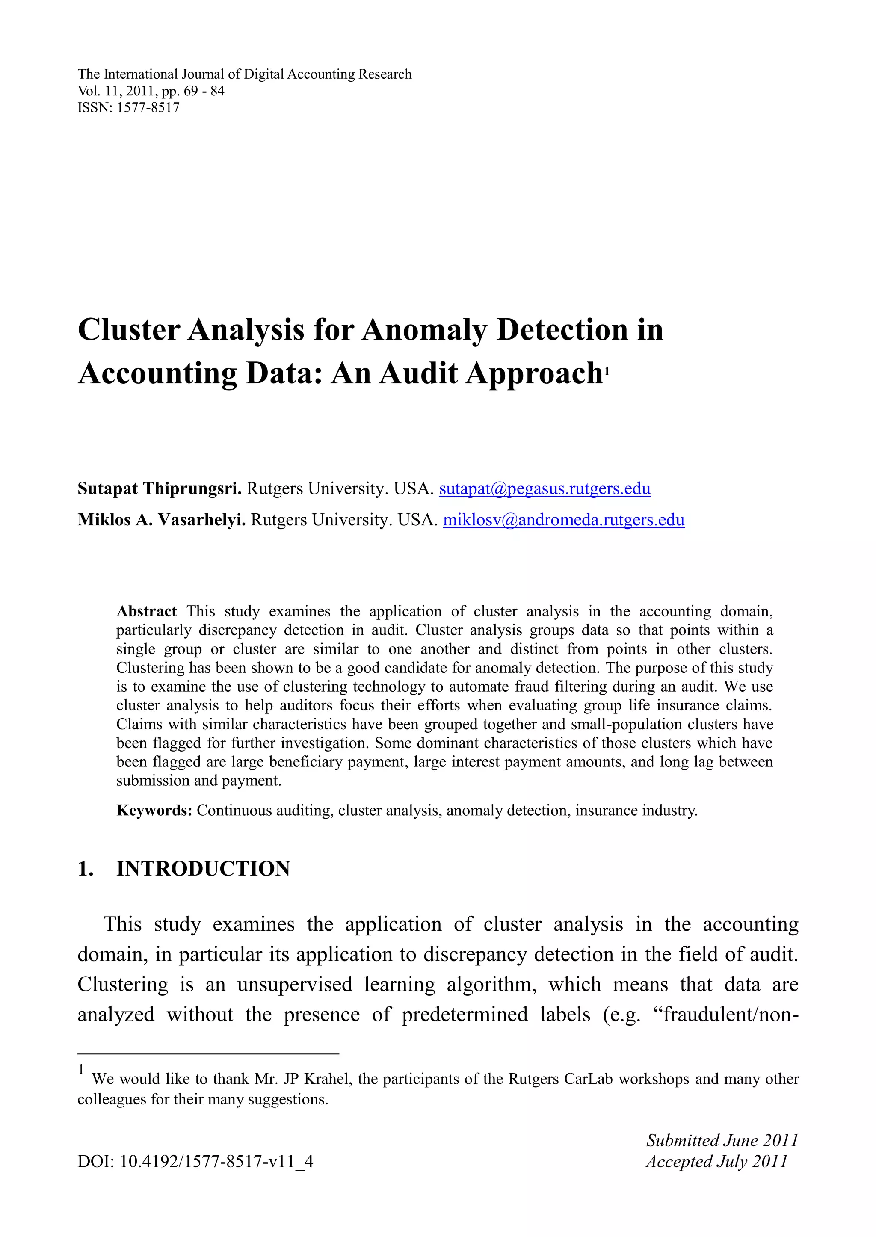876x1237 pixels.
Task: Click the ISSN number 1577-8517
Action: [148, 107]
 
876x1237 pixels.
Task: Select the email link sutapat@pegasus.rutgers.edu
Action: [545, 489]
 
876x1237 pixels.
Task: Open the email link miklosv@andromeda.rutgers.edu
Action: [564, 520]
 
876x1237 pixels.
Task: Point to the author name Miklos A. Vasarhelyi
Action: [162, 520]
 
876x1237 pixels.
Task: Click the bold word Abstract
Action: [146, 611]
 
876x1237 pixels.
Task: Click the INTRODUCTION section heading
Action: [203, 869]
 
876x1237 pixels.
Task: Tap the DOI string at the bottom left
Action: [195, 1161]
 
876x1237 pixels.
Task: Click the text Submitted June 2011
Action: [722, 1140]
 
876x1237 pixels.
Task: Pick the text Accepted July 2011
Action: [717, 1161]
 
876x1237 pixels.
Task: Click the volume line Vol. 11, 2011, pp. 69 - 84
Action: [151, 91]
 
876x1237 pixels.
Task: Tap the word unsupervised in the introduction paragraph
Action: [295, 985]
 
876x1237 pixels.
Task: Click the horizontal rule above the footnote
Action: [208, 1054]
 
